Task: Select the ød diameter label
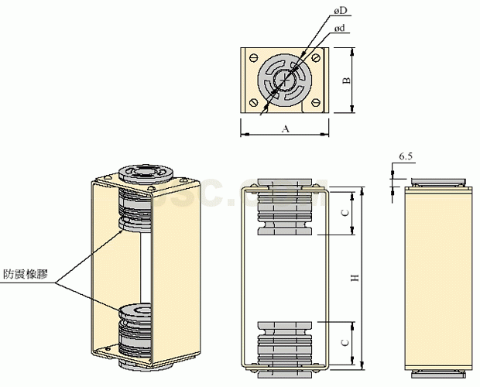coord(339,28)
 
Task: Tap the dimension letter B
coord(346,80)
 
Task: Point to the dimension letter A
coord(285,128)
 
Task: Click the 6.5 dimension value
coord(406,157)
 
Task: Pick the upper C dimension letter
coord(345,211)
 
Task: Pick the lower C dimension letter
coord(345,341)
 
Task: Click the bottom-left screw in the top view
coord(255,103)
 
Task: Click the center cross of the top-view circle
coord(286,79)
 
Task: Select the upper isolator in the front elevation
coord(285,207)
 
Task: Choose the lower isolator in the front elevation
coord(285,341)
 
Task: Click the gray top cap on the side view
coord(439,183)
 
